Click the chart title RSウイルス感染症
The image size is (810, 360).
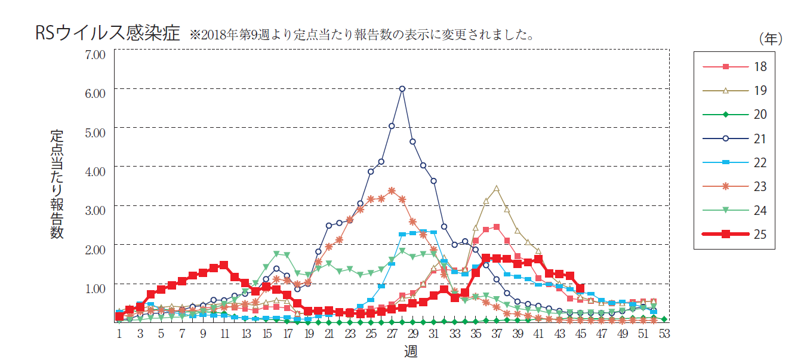point(107,33)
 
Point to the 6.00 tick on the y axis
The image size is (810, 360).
point(95,93)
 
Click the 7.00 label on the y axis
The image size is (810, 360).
point(95,54)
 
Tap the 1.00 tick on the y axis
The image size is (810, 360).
point(95,288)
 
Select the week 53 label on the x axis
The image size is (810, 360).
point(664,334)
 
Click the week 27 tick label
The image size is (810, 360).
point(392,334)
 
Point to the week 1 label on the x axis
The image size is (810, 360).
point(119,334)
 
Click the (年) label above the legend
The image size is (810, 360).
point(770,39)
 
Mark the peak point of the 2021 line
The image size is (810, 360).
point(402,88)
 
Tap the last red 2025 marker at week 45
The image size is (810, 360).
point(580,288)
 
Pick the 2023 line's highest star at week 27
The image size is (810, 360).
point(392,190)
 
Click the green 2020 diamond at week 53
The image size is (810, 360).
point(664,319)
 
